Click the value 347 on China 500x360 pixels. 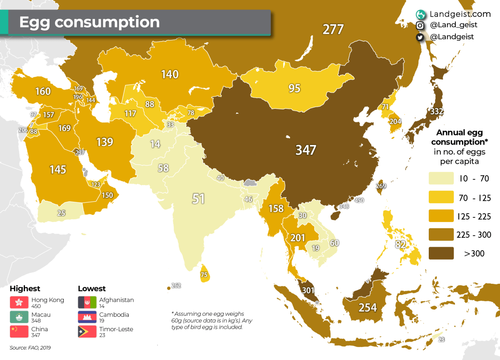(x=306, y=150)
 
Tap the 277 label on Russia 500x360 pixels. (x=333, y=30)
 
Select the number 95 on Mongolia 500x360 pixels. (x=294, y=88)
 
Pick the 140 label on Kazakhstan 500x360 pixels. (x=170, y=74)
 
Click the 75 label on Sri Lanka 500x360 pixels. (x=204, y=275)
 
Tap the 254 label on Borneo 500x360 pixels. (x=367, y=307)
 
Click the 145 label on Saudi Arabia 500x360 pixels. (x=57, y=169)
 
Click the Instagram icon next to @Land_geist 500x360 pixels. (x=420, y=25)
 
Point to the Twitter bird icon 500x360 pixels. (x=420, y=37)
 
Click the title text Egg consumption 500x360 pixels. (x=90, y=22)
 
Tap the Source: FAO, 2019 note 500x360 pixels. (x=30, y=347)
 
